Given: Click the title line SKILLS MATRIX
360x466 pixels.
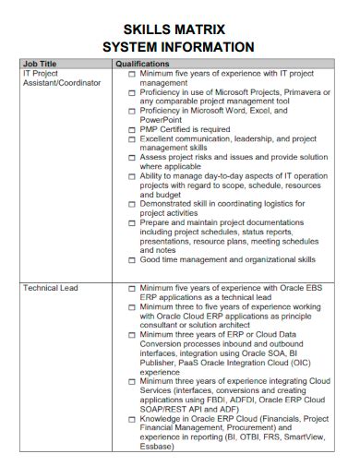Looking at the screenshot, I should [x=179, y=29].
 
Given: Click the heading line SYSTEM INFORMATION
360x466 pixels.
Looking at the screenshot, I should [x=179, y=47].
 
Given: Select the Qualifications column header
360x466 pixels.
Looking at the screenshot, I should [x=143, y=64].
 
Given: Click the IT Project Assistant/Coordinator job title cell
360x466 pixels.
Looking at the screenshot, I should [x=52, y=78].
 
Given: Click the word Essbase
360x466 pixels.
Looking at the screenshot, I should [x=156, y=446].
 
